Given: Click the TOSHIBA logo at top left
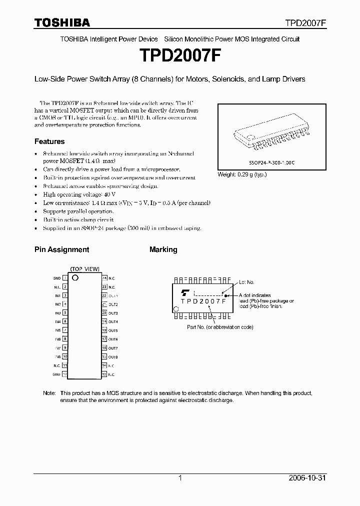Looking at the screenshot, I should point(62,22).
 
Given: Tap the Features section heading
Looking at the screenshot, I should point(49,141).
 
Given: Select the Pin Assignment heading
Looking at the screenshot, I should point(61,249).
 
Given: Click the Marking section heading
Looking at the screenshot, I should point(163,249).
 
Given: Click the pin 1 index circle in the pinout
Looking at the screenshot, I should point(75,277).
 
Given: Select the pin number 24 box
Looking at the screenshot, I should point(104,277).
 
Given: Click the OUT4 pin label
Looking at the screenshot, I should point(113,321).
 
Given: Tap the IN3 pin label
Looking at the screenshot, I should point(57,312).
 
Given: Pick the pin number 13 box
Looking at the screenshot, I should point(104,374).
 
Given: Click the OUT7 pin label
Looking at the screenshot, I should point(113,347).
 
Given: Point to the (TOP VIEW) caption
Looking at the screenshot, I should point(84,268).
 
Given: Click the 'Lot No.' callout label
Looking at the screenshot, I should point(246,282).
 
